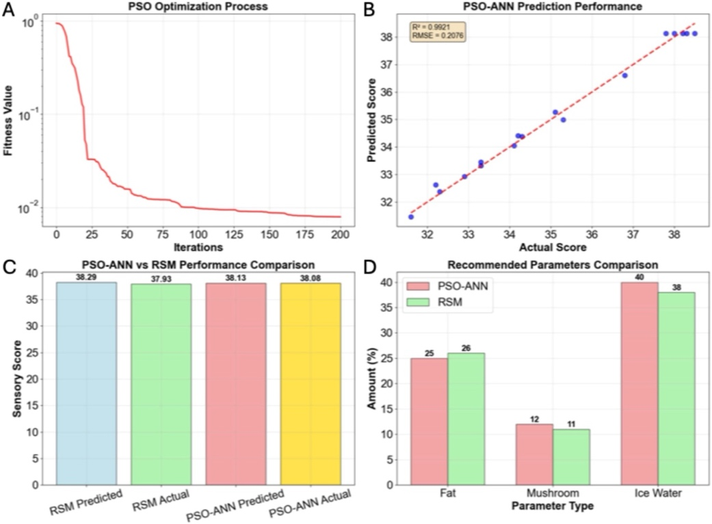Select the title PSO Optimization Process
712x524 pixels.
tap(198, 7)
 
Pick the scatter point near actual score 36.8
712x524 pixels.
tap(625, 75)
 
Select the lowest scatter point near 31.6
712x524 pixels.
tap(411, 217)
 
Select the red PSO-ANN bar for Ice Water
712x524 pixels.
tap(640, 383)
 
